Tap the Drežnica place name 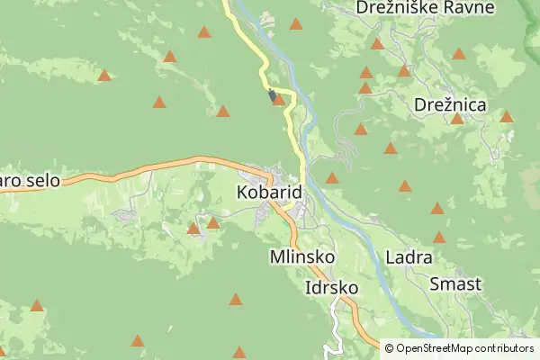(x=450, y=105)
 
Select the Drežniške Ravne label (x=425, y=8)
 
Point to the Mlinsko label (x=302, y=257)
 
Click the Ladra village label (x=409, y=257)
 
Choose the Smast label (x=455, y=284)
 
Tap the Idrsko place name (x=332, y=289)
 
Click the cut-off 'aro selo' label (x=29, y=181)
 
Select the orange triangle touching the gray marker (x=279, y=99)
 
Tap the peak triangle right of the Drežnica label (x=507, y=116)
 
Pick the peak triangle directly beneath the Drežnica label (x=457, y=119)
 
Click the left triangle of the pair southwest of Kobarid (x=193, y=229)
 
